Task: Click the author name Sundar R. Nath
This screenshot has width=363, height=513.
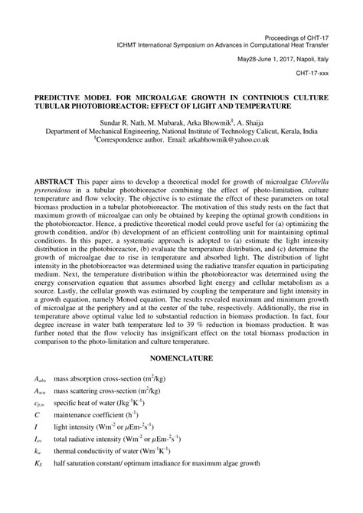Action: tap(120, 123)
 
